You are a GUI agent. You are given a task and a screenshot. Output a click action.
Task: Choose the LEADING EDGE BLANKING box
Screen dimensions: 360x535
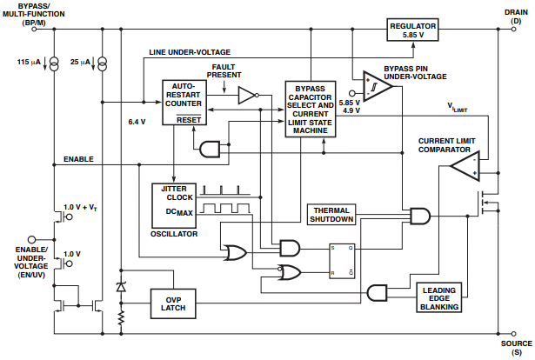pyautogui.click(x=438, y=297)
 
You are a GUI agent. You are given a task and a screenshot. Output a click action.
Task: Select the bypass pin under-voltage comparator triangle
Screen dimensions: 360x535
pyautogui.click(x=376, y=86)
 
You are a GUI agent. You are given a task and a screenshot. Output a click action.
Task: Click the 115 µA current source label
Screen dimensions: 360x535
pyautogui.click(x=29, y=62)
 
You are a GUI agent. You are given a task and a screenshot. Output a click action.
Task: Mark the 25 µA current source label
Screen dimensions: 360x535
pyautogui.click(x=80, y=62)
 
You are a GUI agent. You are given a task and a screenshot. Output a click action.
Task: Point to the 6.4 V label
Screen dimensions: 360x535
pyautogui.click(x=137, y=121)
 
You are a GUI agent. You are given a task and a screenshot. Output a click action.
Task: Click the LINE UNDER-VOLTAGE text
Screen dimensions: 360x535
pyautogui.click(x=190, y=52)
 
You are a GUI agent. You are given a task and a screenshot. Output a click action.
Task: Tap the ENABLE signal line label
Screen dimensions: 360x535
pyautogui.click(x=78, y=159)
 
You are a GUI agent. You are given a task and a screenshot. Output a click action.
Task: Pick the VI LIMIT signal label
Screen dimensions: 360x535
pyautogui.click(x=458, y=109)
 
